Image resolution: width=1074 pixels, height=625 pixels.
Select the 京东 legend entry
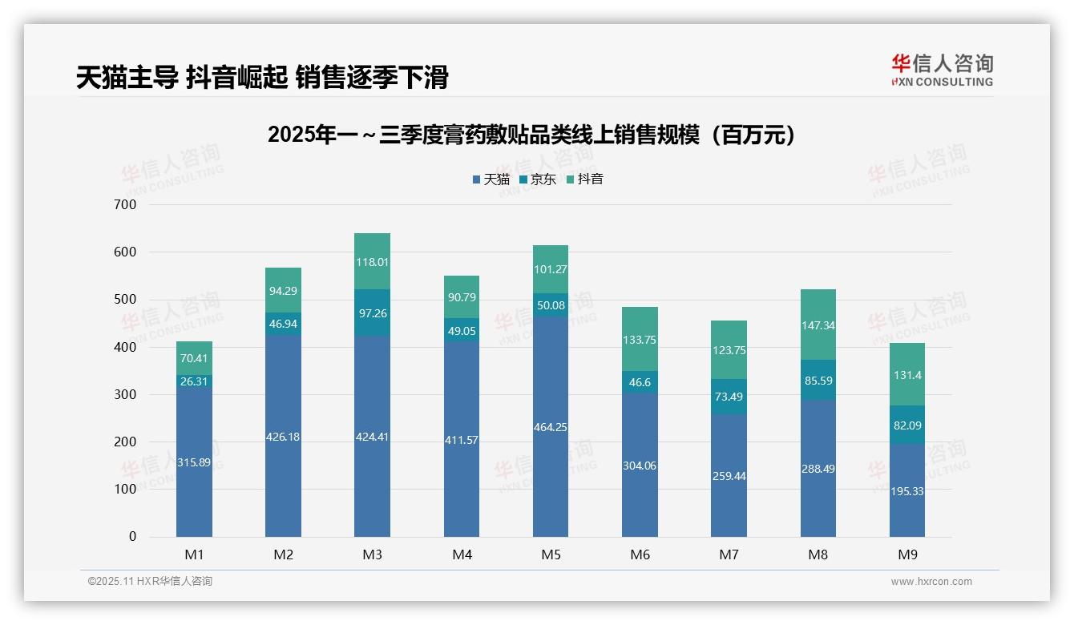(x=538, y=179)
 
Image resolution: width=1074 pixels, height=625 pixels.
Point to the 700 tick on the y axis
(x=126, y=204)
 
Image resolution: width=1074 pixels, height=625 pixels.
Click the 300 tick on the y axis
(x=126, y=394)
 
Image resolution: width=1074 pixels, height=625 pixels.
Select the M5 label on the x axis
(x=551, y=554)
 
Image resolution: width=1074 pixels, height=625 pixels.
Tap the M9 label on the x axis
(x=906, y=554)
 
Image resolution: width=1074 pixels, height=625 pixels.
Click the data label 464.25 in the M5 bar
(x=551, y=427)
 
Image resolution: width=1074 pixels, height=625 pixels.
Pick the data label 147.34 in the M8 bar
(x=818, y=326)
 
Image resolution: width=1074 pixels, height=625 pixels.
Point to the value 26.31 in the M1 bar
(x=194, y=381)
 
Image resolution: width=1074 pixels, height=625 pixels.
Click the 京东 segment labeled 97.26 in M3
(x=372, y=313)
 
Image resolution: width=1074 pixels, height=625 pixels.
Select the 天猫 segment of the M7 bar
(x=729, y=475)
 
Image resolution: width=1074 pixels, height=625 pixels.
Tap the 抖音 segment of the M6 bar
(x=640, y=339)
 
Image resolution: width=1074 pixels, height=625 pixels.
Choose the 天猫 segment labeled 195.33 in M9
(x=906, y=490)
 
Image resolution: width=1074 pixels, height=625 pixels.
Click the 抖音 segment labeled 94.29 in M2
(x=283, y=291)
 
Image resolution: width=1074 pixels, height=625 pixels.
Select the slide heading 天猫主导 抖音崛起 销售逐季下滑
(x=262, y=77)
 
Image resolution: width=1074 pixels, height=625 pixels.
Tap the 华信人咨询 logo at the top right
(x=942, y=70)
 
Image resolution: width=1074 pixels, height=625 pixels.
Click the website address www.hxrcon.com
(x=931, y=582)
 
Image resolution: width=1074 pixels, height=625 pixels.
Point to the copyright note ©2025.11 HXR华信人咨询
(x=150, y=582)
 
